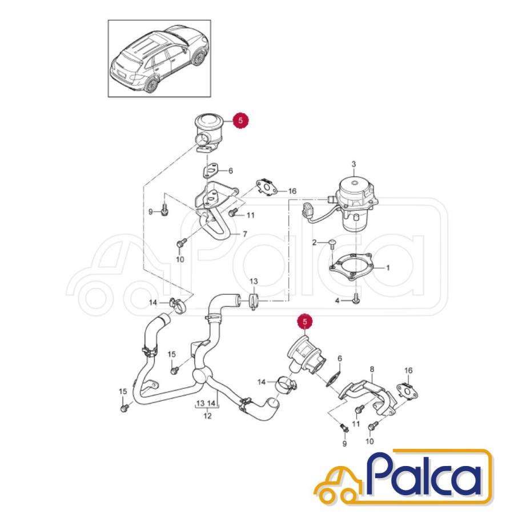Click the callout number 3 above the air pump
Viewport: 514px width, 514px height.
pyautogui.click(x=354, y=164)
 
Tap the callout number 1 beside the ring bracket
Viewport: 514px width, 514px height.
pyautogui.click(x=388, y=268)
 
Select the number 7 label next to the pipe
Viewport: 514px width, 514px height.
pyautogui.click(x=244, y=234)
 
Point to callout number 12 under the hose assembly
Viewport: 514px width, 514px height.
pyautogui.click(x=207, y=416)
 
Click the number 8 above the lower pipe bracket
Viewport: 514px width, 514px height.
pyautogui.click(x=372, y=370)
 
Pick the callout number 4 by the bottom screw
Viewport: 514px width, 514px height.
pyautogui.click(x=337, y=300)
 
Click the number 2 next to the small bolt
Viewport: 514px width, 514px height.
pyautogui.click(x=314, y=243)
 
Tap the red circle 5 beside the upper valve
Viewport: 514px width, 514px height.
pyautogui.click(x=241, y=121)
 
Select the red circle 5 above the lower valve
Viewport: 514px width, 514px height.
pyautogui.click(x=305, y=322)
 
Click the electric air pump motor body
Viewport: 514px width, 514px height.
pyautogui.click(x=355, y=200)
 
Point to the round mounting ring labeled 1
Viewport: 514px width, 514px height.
pyautogui.click(x=351, y=267)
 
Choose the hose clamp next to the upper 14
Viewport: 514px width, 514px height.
pyautogui.click(x=178, y=305)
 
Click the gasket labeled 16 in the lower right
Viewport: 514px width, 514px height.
pyautogui.click(x=406, y=391)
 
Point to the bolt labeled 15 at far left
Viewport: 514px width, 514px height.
pyautogui.click(x=124, y=408)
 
